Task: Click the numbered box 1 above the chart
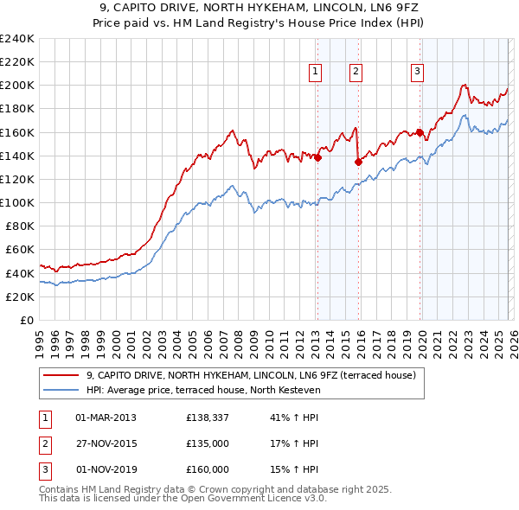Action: tap(316, 72)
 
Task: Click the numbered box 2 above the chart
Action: tap(356, 72)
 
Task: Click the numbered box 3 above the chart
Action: tap(417, 72)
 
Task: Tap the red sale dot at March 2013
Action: tap(317, 157)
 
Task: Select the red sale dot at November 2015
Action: tap(358, 161)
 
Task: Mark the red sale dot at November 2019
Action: tap(420, 132)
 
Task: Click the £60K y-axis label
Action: tap(19, 250)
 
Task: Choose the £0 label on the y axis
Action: tap(26, 320)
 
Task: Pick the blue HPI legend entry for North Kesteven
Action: tap(203, 390)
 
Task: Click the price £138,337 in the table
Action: tap(208, 418)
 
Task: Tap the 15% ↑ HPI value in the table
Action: tap(295, 469)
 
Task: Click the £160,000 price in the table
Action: tap(208, 469)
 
